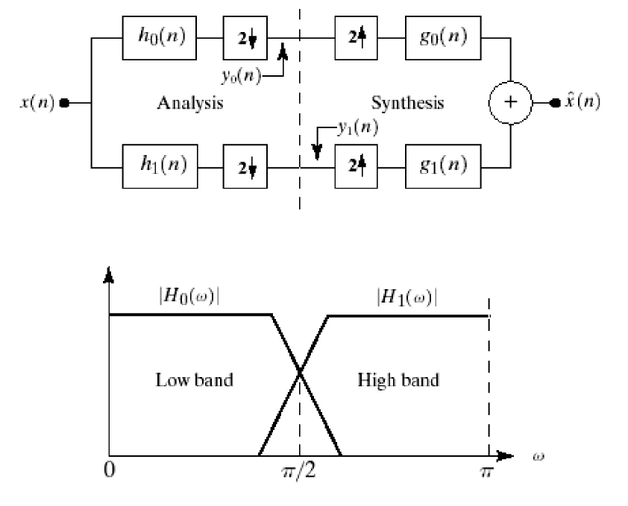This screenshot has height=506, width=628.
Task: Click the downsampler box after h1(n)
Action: point(245,165)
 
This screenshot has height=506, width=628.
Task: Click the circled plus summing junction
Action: point(511,102)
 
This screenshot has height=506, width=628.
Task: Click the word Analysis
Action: point(189,103)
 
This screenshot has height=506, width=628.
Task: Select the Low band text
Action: point(194,380)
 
